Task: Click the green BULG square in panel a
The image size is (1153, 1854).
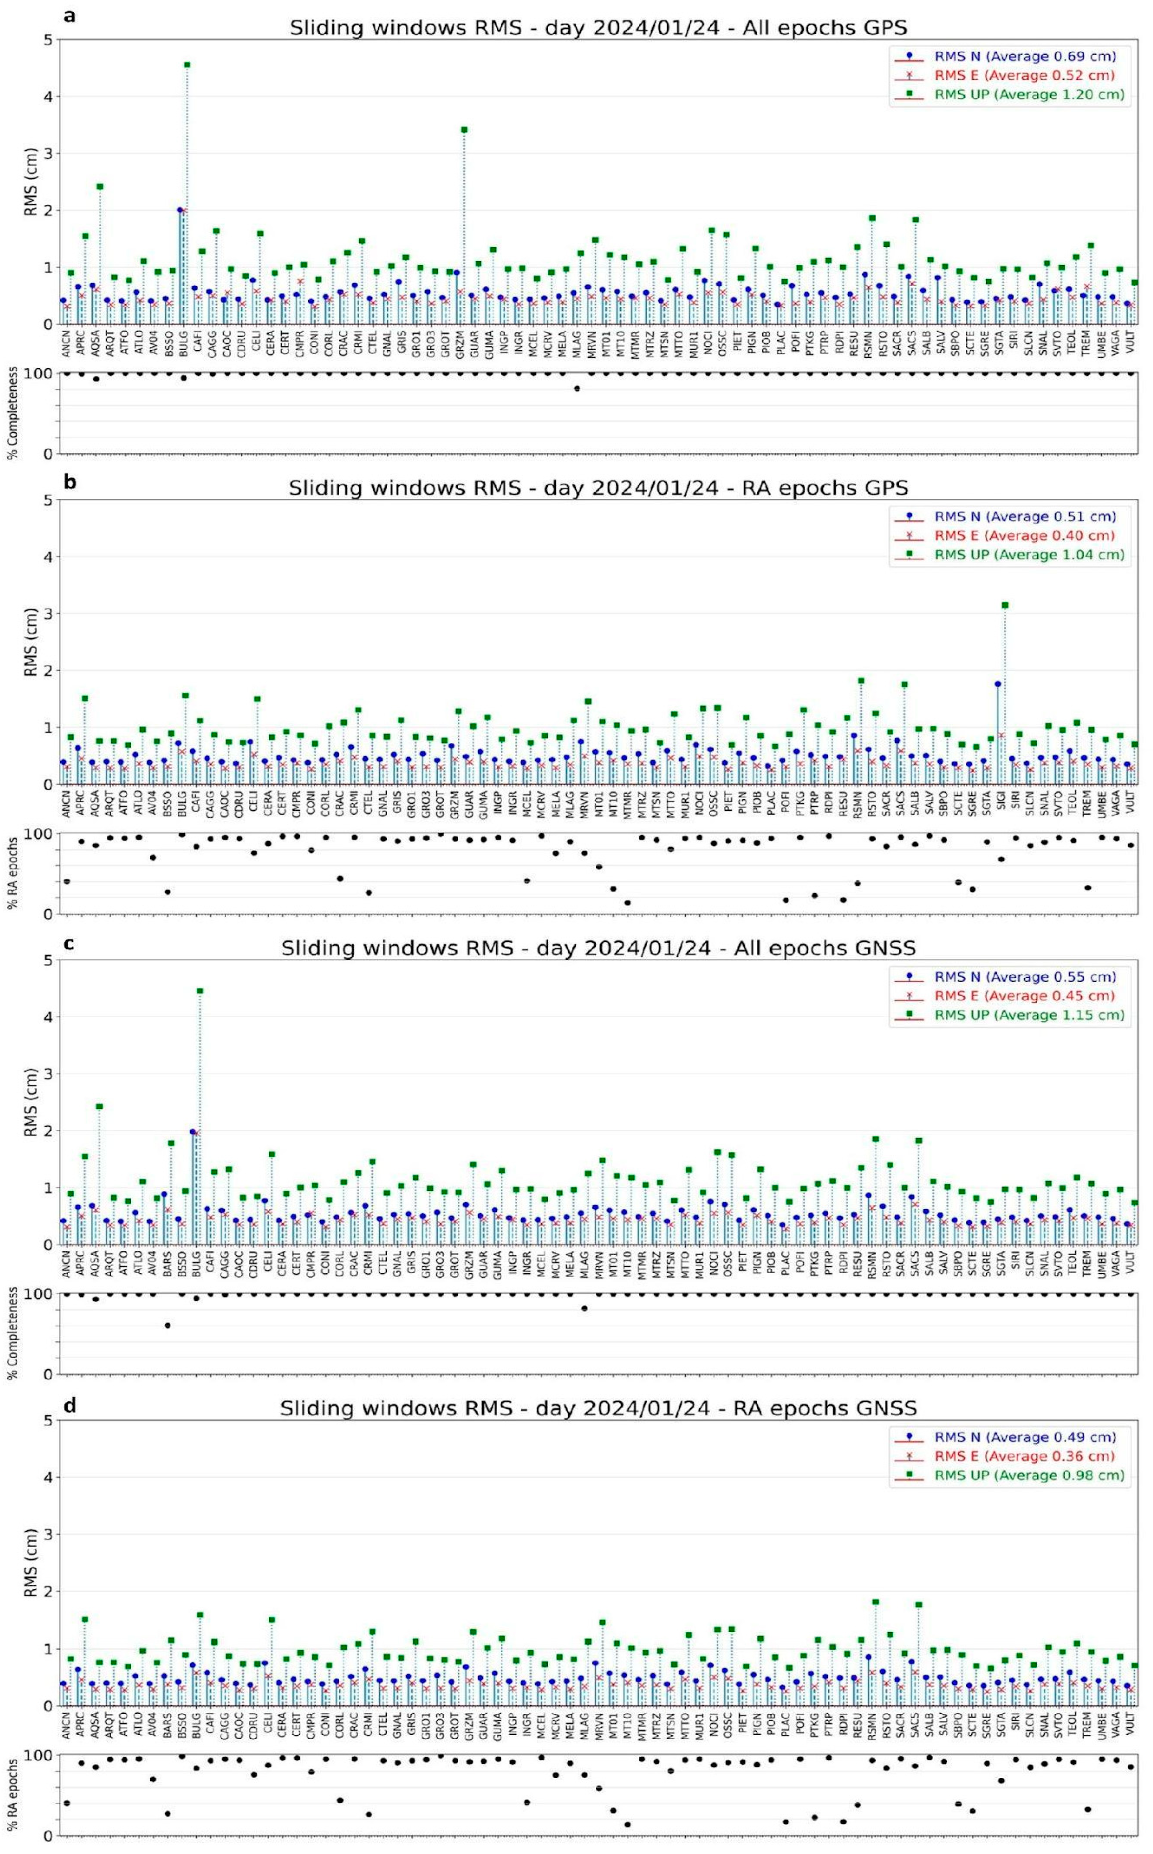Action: point(187,65)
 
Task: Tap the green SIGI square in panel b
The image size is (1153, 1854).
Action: point(1005,605)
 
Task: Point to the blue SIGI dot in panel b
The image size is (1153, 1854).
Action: point(998,684)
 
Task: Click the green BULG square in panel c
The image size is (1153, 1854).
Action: point(200,990)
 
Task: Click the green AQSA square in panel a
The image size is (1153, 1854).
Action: point(100,186)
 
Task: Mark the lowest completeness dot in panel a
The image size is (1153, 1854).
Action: point(577,388)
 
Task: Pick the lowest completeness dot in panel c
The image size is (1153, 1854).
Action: point(167,1326)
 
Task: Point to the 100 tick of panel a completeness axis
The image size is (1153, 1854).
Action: point(39,374)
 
